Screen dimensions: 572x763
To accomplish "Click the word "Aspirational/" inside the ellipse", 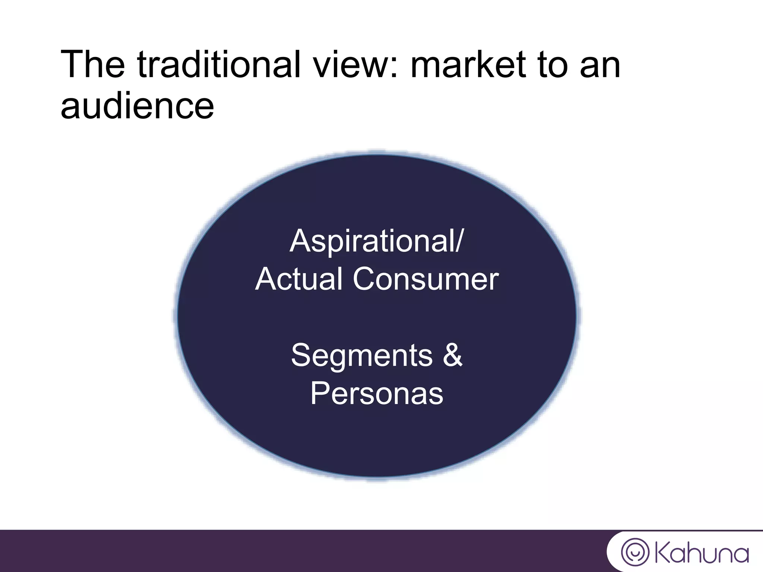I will point(376,241).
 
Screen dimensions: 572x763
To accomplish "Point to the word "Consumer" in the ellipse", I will point(425,279).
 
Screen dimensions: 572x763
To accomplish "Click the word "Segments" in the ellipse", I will point(362,356).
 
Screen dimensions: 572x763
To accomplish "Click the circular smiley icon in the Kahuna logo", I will point(635,552).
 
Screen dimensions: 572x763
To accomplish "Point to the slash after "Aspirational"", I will point(459,241).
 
